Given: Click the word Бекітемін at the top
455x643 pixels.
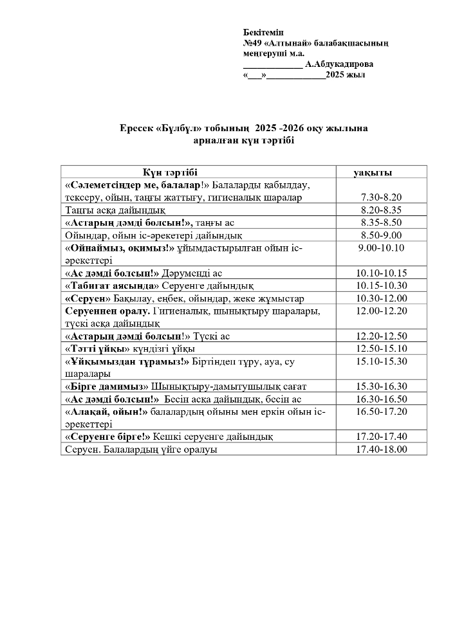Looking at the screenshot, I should point(263,32).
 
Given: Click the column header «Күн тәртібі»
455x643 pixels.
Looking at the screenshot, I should point(170,172).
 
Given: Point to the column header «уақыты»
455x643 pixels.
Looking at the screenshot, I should point(373,172).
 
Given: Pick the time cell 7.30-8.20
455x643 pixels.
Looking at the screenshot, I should point(381,197).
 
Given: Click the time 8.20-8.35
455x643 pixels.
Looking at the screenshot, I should point(381,210).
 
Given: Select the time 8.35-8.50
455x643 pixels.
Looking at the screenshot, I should point(381,222).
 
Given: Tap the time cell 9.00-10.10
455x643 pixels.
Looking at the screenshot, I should point(381,248).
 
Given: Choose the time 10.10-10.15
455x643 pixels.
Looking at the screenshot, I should point(381,273).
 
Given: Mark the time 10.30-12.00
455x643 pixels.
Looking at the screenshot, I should point(381,298).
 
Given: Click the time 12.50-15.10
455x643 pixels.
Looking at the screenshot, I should point(381,349).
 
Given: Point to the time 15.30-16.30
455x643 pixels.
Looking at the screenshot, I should point(381,386).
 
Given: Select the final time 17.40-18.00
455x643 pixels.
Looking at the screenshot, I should point(381,449).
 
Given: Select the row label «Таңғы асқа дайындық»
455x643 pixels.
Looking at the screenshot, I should point(116,210).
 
